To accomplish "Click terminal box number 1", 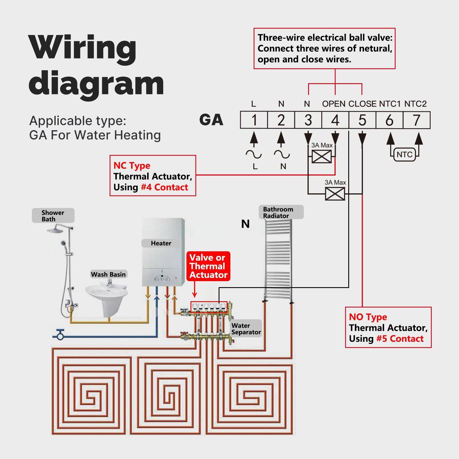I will (x=254, y=120).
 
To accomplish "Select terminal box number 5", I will (x=362, y=120).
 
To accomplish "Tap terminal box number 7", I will (x=416, y=120).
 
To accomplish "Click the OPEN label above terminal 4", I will (x=334, y=104).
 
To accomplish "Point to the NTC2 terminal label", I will (x=415, y=104).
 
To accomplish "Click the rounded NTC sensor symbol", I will (x=404, y=155).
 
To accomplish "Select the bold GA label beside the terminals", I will (x=211, y=120).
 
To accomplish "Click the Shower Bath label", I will (x=53, y=216).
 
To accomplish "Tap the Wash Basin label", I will (x=108, y=274).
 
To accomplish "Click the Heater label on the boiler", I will (x=161, y=243).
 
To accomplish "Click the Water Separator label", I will (x=246, y=328).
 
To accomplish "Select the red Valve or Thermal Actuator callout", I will (x=208, y=266).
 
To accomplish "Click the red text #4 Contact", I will (x=164, y=187).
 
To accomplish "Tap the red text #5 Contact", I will (x=400, y=339).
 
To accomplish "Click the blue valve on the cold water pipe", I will (x=60, y=334).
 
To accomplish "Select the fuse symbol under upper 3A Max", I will (x=321, y=156).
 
